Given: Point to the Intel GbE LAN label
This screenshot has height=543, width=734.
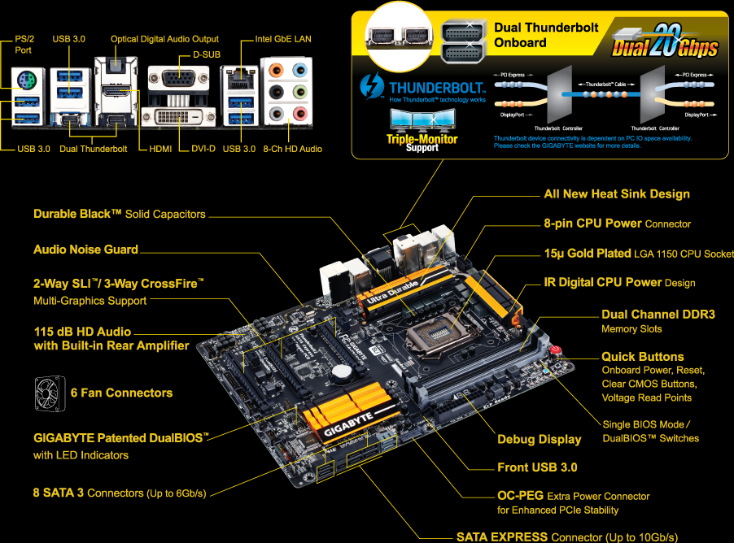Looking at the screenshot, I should tap(283, 38).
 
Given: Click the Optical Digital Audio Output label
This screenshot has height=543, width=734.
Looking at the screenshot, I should tap(164, 38).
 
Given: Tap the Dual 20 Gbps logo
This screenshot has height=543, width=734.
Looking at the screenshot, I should tap(665, 42).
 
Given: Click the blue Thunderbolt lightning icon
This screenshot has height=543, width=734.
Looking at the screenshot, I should tap(375, 85).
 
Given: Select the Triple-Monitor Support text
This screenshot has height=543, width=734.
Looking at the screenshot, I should tap(422, 143).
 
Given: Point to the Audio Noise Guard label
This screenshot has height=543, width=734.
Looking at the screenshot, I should tap(85, 250).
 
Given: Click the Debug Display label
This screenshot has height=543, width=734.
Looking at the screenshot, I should tap(539, 439).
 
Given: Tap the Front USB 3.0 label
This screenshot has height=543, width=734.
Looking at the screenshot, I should tap(537, 467).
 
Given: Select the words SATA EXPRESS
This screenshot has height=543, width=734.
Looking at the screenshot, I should tap(501, 536).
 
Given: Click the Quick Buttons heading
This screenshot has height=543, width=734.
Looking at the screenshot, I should tap(642, 356).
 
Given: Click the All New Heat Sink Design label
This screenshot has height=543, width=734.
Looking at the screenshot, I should tap(616, 193).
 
